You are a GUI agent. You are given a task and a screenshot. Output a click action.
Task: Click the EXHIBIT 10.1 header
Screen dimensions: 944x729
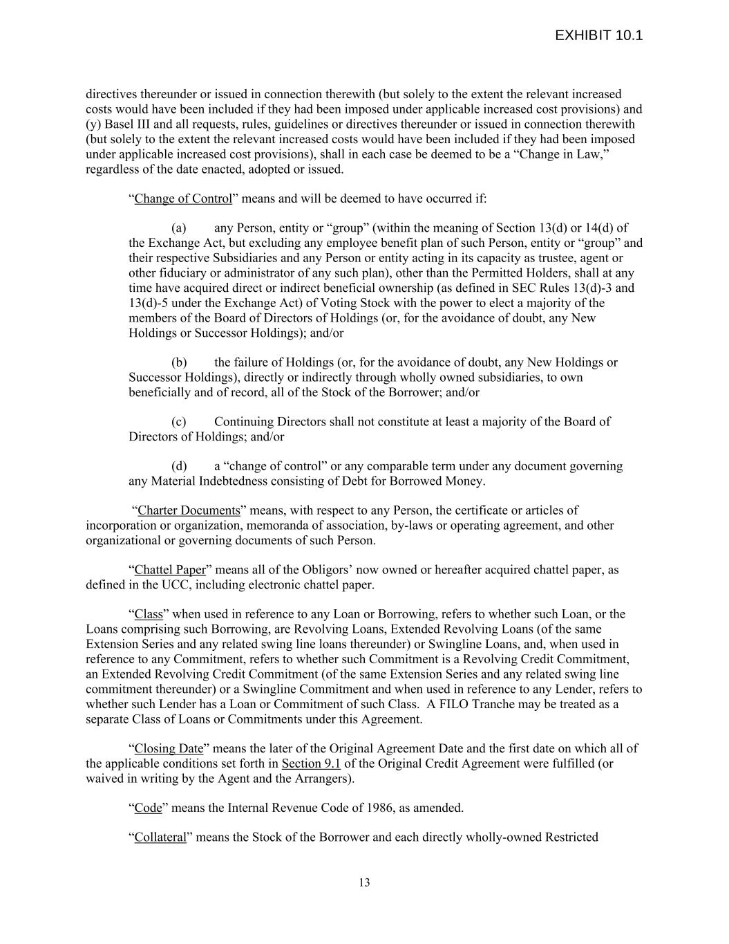[598, 35]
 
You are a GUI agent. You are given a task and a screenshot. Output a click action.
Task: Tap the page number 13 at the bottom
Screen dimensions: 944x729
[364, 882]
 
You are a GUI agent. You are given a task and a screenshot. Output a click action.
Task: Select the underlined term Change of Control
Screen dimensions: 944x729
[183, 199]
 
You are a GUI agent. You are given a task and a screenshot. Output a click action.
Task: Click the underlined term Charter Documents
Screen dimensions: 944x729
[189, 511]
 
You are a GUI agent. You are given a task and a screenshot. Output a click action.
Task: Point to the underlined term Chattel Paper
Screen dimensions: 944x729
[170, 571]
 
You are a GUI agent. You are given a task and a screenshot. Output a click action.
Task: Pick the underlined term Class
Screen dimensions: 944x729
[149, 615]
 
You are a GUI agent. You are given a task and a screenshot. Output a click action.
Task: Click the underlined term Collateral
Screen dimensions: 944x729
[160, 838]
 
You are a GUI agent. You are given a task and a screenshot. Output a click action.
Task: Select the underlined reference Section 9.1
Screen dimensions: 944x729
[311, 764]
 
